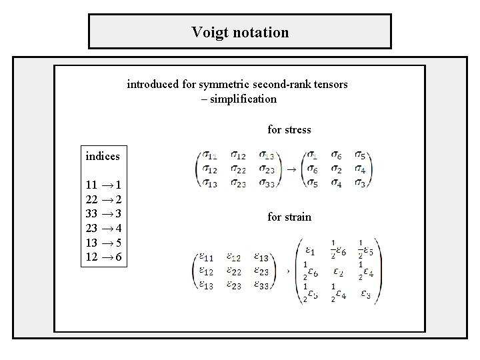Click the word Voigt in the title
coord(208,32)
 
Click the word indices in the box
coord(103,156)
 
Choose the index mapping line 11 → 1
coord(103,185)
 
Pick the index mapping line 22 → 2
coord(103,199)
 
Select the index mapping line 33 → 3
coord(103,213)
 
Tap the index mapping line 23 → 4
coord(103,228)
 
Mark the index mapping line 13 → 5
coord(103,243)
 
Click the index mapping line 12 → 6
coord(103,257)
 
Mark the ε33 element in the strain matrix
coord(263,285)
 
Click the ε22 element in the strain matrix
coord(234,272)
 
